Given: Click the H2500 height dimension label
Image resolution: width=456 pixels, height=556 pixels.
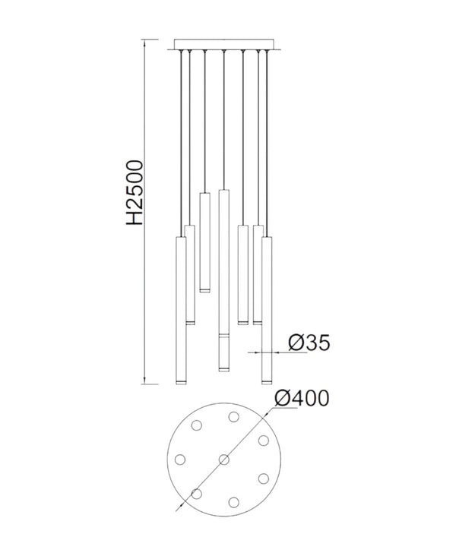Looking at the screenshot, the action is click(x=135, y=192).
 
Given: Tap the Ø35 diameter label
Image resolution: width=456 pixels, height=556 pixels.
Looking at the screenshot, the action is click(x=309, y=343).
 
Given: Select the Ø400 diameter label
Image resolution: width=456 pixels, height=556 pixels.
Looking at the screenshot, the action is click(x=302, y=398).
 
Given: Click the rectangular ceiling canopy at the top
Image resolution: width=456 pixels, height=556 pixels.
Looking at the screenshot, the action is click(x=224, y=44).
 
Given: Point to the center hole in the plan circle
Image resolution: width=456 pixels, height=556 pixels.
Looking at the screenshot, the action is click(x=224, y=460).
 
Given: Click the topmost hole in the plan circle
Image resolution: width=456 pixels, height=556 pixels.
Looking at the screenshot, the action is click(x=233, y=417).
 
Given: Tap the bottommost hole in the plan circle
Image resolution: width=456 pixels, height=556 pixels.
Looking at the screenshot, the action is click(x=233, y=502).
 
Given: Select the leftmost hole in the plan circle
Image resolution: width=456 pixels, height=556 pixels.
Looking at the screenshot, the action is click(x=180, y=460).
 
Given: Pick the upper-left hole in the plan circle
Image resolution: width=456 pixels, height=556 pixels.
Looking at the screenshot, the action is click(x=197, y=425).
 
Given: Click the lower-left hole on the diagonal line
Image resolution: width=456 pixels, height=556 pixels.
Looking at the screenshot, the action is click(x=197, y=493).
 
